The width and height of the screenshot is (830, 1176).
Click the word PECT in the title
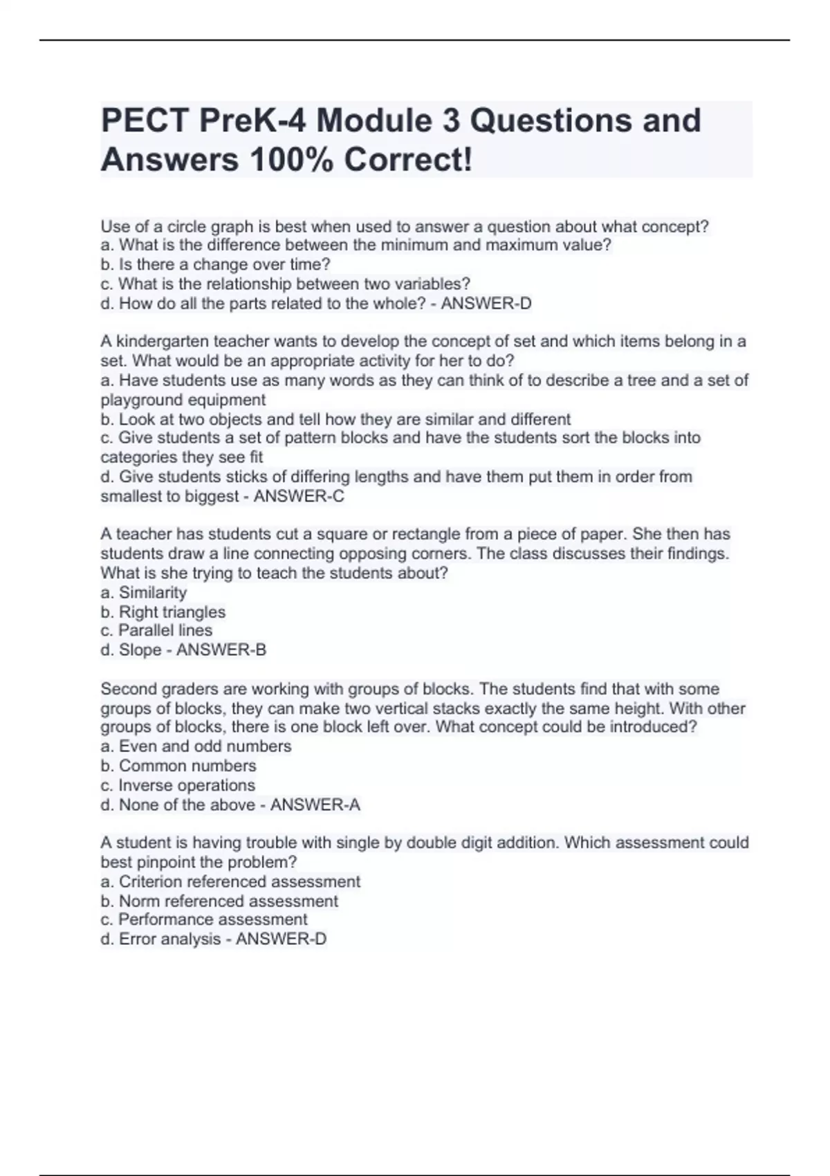145,121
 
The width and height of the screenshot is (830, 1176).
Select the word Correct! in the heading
409,160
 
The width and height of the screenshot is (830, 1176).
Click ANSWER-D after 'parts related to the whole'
486,304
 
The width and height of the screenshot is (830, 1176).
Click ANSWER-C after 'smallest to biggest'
299,496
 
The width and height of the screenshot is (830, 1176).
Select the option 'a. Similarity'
144,593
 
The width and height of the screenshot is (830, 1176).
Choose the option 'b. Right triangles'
163,612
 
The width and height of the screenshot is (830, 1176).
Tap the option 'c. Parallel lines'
156,631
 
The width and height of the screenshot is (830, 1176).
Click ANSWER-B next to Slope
221,650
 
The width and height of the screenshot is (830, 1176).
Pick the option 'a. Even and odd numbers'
196,746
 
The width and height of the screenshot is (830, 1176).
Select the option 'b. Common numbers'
178,766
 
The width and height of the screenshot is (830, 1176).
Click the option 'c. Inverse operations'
178,786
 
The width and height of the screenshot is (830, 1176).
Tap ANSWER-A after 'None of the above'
315,805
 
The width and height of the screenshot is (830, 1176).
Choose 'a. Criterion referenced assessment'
230,882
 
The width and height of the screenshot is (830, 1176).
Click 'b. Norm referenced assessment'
219,901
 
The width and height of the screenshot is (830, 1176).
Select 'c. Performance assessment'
204,920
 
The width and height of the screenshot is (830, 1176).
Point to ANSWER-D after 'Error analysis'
281,939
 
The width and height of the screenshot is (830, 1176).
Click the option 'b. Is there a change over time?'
216,265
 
